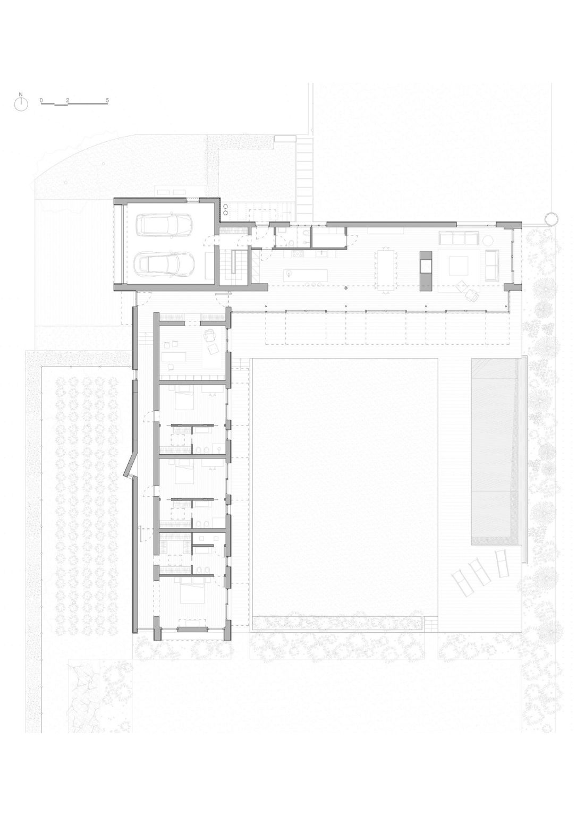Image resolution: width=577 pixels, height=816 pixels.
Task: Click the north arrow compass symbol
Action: click(x=21, y=104)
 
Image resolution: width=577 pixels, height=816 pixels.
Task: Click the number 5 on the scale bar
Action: click(x=107, y=100)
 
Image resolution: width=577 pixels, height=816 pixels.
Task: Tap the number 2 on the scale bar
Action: click(x=68, y=100)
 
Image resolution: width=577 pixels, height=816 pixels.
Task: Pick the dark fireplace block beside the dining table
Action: click(x=426, y=270)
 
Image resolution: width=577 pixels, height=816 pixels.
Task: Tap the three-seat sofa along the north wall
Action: click(x=459, y=238)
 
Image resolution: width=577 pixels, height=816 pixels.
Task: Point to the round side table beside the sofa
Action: click(x=488, y=240)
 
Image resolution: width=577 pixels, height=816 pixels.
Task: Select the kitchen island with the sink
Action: click(x=306, y=275)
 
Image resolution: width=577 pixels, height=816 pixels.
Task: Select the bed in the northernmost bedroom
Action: click(x=185, y=399)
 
